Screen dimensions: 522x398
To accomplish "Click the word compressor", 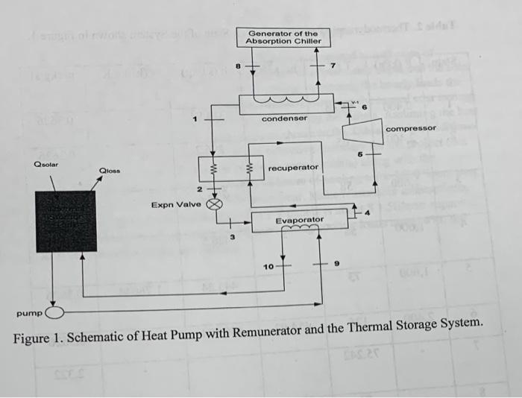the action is tap(411, 129).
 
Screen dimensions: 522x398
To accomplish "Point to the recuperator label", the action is tap(293, 168).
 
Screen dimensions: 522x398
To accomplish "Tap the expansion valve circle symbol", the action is tap(215, 203).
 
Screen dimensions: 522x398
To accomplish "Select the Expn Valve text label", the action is tap(176, 203).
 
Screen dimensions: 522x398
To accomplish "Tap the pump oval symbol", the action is tap(57, 312).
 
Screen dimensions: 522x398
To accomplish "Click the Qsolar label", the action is tap(46, 164).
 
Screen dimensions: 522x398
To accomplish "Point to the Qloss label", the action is tap(110, 171).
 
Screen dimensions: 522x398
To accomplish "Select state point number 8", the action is tap(237, 66).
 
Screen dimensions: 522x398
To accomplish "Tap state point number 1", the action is tap(196, 117).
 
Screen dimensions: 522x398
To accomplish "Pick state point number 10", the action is tap(268, 265).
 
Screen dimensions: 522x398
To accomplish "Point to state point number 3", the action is tap(232, 238).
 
